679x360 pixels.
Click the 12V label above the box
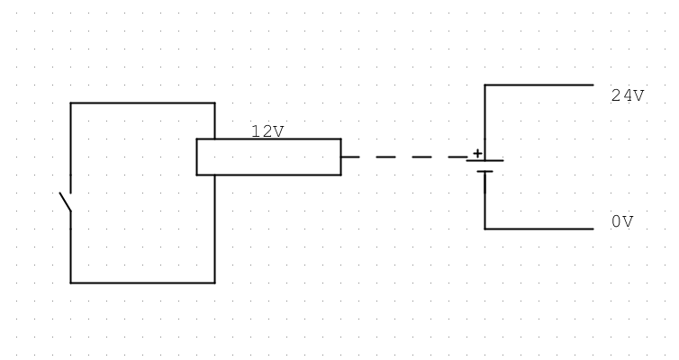267,131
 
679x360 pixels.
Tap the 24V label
628,95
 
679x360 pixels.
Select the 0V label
622,221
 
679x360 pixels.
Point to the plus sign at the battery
477,153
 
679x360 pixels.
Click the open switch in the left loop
66,203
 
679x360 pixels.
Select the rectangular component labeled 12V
268,157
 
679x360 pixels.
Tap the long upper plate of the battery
484,161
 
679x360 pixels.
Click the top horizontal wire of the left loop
142,103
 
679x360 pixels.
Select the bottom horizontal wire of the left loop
142,283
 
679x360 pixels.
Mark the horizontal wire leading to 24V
539,85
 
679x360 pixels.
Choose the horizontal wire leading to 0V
539,229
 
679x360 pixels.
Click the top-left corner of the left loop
70,103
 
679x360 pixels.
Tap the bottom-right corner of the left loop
214,283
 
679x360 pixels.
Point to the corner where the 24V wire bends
484,85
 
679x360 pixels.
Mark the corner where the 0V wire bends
484,229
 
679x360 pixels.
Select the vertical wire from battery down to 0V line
484,202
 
